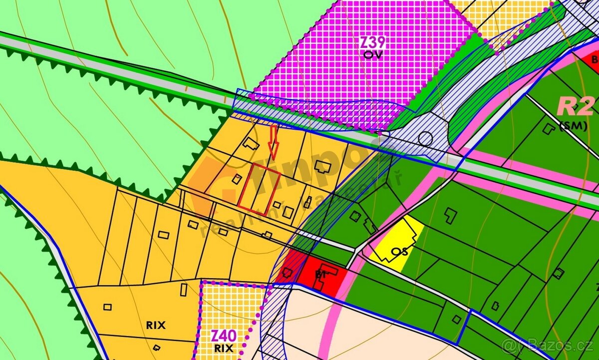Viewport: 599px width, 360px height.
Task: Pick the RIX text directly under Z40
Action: [x=223, y=348]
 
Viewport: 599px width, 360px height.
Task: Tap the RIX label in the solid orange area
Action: [x=156, y=325]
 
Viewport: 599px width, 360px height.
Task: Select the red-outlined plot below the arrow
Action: [x=259, y=189]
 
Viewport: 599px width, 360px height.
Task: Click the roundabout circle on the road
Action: [x=425, y=138]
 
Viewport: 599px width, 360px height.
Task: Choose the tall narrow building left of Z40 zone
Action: [x=184, y=289]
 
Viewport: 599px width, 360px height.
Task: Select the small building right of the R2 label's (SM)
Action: [x=549, y=128]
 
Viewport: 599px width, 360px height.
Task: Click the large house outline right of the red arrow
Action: [x=324, y=167]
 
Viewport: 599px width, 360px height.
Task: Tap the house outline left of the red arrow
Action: [x=250, y=144]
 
